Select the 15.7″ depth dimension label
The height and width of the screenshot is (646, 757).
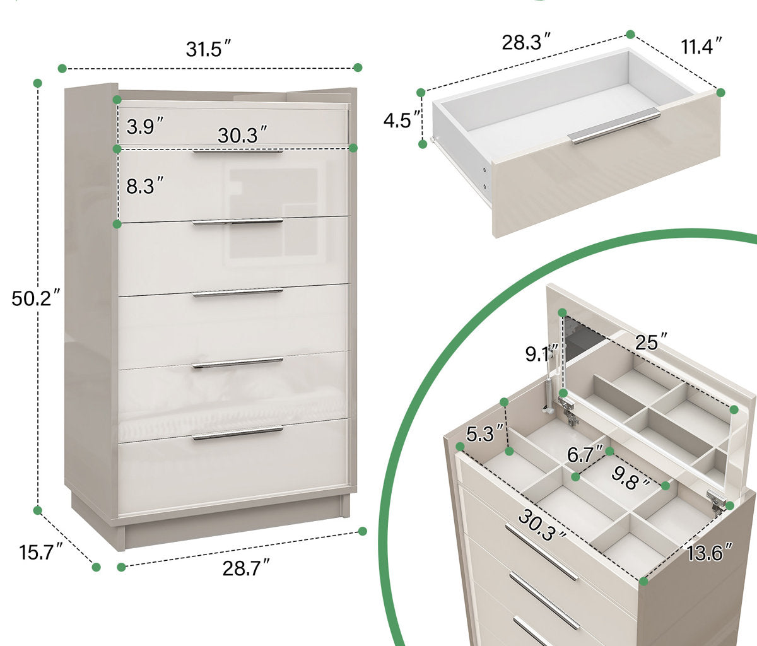(41, 553)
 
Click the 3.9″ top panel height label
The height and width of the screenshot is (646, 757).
(144, 127)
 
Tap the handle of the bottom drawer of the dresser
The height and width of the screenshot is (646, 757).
(238, 433)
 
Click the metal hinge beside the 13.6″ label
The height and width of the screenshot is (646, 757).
(716, 500)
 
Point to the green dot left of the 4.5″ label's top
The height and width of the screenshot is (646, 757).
(421, 93)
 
